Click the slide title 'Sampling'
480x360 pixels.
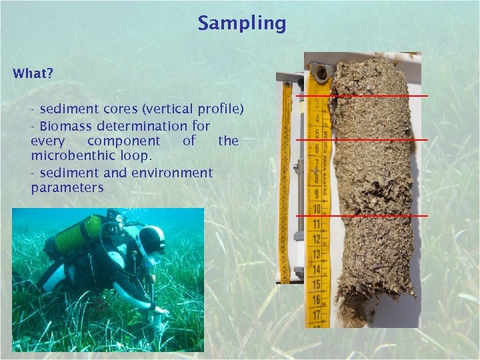tap(241, 24)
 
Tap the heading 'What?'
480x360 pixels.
tap(32, 74)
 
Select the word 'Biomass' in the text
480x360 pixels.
tap(65, 126)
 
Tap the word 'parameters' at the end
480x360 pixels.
tap(67, 188)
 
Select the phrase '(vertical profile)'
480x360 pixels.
tap(201, 109)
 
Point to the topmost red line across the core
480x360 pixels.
tap(362, 96)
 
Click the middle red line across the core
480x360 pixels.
tap(362, 139)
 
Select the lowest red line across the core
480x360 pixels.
tap(362, 216)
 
